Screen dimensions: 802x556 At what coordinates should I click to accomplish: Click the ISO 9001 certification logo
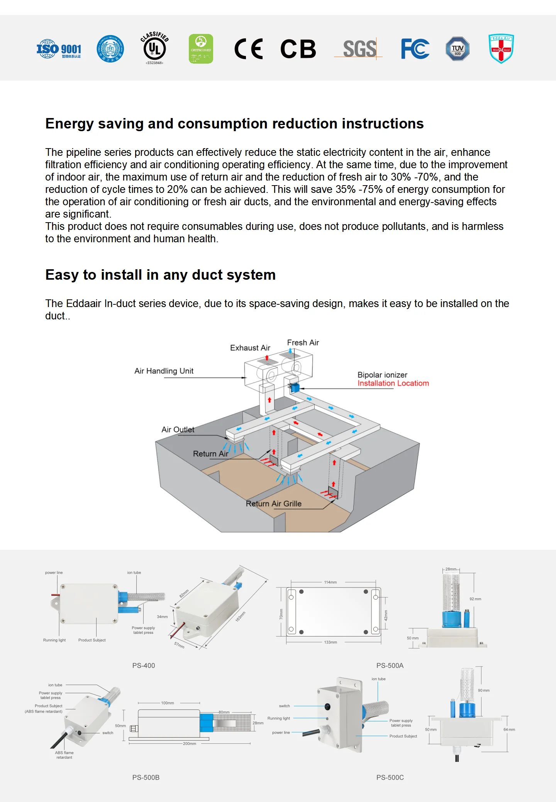(x=59, y=49)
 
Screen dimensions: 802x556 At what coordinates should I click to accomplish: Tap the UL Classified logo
(x=154, y=48)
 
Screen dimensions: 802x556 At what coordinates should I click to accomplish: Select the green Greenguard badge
(x=201, y=49)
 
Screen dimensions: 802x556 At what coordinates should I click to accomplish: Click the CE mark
(x=249, y=49)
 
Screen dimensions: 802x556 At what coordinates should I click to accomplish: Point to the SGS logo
(x=359, y=49)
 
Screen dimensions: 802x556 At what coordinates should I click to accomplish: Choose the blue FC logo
(x=415, y=49)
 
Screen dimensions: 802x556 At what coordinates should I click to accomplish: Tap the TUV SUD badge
(x=458, y=49)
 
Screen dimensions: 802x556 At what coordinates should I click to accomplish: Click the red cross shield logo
(x=501, y=49)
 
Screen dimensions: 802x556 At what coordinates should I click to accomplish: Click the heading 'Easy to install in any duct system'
(x=160, y=275)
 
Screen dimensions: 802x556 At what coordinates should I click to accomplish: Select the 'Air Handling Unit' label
(x=164, y=371)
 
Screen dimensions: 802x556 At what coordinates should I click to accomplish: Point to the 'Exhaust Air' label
(x=250, y=348)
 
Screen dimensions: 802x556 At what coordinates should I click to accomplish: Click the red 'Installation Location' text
(x=393, y=383)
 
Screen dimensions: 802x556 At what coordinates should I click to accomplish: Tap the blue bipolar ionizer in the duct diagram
(x=295, y=387)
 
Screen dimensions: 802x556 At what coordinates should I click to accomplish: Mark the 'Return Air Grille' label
(x=273, y=503)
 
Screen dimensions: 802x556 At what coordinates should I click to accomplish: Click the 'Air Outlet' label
(x=178, y=429)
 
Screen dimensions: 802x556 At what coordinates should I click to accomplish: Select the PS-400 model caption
(x=143, y=665)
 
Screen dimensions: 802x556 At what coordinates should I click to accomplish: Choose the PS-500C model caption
(x=390, y=777)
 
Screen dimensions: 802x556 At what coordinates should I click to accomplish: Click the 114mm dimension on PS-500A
(x=330, y=582)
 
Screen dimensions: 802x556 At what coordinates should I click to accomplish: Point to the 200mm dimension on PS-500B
(x=189, y=743)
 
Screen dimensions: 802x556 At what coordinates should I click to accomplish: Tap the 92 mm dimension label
(x=475, y=599)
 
